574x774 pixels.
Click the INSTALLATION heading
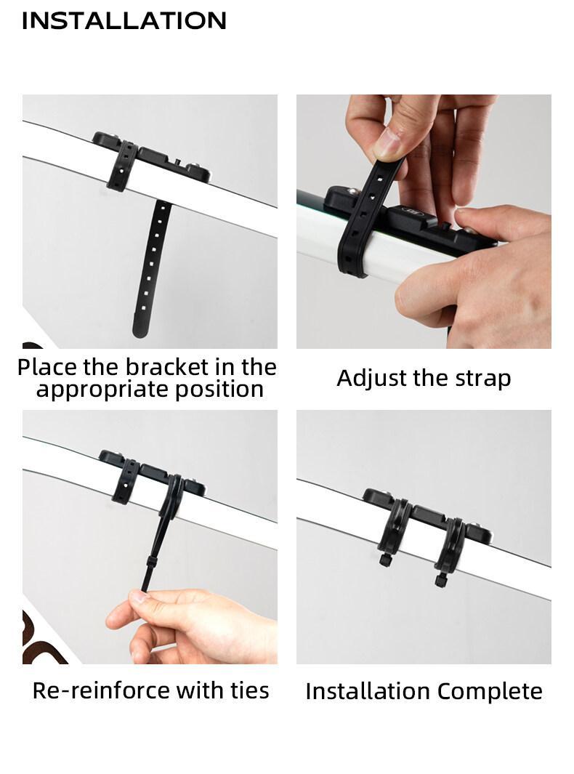pos(124,20)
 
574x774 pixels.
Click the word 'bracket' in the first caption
pos(171,366)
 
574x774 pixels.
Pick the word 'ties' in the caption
pos(248,690)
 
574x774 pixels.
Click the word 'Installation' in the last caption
pos(368,691)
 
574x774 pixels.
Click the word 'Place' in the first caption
pos(48,366)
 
